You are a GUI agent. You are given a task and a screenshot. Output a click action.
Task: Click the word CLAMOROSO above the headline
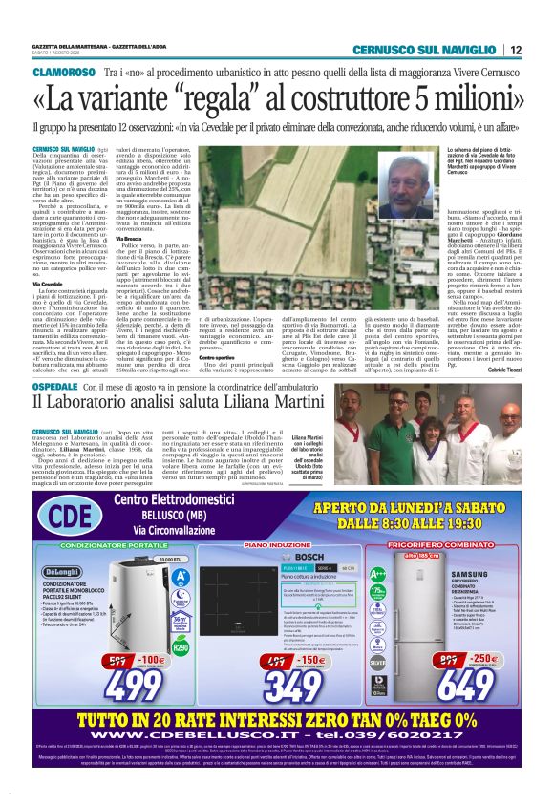(x=64, y=72)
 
